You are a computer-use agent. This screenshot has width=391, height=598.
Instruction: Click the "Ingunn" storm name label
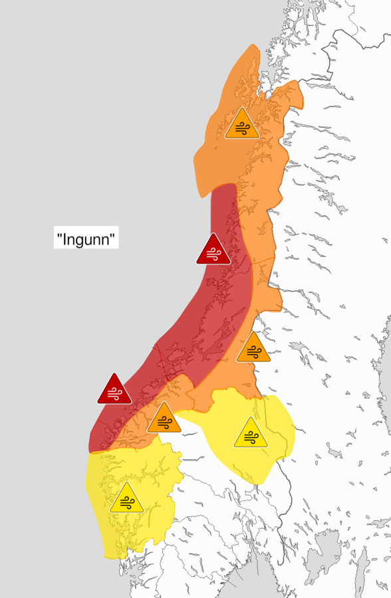pos(86,238)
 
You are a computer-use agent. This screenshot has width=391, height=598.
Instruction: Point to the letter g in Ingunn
pos(80,240)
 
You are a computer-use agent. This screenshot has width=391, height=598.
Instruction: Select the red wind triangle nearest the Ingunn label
pos(213,250)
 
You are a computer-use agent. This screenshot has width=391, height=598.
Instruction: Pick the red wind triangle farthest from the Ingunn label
pos(114,390)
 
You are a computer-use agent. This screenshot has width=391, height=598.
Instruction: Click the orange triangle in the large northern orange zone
pos(241,125)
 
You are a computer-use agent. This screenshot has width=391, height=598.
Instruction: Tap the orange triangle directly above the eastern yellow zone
pos(253,349)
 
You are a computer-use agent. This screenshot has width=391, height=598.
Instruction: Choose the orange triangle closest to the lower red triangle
pos(164,419)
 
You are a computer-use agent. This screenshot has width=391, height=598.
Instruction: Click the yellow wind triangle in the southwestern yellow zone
pos(126,499)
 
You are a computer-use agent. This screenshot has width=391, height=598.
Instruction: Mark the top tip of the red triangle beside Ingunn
pos(213,234)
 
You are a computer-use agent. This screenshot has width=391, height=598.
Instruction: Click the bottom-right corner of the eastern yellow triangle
pos(268,447)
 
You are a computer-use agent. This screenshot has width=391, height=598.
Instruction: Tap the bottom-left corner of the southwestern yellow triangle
pos(110,512)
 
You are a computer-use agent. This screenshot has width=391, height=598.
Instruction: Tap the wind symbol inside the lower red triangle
pos(114,393)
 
